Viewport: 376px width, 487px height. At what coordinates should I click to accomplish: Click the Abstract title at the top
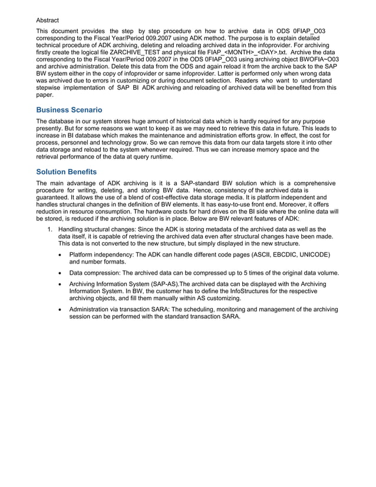tap(47, 20)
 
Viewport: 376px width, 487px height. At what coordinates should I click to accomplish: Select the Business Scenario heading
tap(69, 110)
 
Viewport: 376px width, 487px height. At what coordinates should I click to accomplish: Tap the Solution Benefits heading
tap(67, 172)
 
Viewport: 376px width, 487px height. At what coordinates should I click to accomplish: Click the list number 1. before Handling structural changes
tap(50, 229)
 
